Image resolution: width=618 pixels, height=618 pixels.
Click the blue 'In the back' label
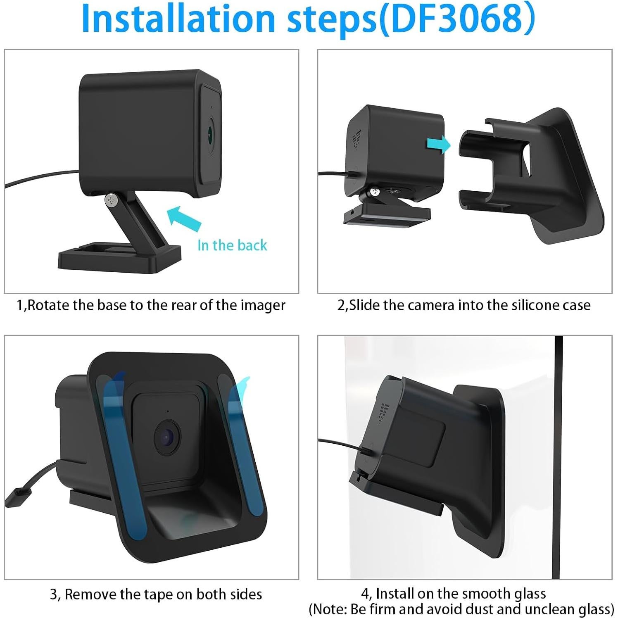[232, 245]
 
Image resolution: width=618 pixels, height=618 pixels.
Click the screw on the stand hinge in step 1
[111, 200]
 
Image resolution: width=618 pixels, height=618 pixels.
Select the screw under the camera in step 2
[375, 192]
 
